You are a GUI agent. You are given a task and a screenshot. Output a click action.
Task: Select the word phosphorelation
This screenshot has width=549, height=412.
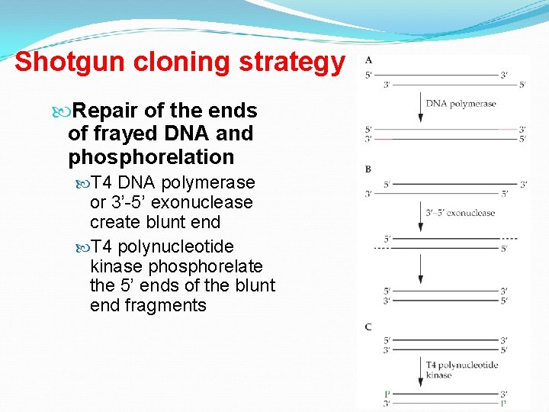point(151,157)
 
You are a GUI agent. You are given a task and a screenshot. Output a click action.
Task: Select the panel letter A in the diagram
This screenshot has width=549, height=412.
point(369,60)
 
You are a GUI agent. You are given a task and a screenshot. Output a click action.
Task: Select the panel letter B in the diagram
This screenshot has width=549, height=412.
point(368,169)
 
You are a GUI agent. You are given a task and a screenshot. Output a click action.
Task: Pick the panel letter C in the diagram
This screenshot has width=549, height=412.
point(368,327)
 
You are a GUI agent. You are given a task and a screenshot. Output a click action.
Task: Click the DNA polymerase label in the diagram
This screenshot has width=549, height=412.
point(461,104)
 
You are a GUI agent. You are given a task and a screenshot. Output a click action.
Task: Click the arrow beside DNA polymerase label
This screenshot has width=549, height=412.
point(420,107)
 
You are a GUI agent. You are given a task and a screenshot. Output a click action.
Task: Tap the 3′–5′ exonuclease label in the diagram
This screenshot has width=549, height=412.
point(460,213)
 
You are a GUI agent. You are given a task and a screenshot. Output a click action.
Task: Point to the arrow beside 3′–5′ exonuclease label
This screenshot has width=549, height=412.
point(420,217)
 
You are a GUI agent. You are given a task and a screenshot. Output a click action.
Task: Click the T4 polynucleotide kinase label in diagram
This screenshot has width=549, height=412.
point(461,370)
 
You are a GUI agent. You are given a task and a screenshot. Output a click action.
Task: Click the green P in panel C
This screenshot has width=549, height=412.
point(387,394)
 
